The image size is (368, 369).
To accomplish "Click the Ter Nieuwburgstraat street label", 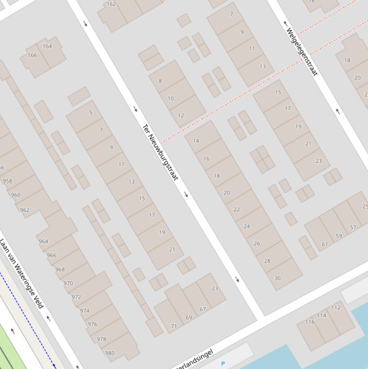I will coord(160,152).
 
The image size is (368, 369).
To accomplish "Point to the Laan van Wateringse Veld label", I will coord(22,274).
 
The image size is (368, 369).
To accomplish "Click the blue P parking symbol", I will coord(223,364).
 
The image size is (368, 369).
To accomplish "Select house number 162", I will coord(111,4).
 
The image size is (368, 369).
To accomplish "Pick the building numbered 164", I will coord(47,46).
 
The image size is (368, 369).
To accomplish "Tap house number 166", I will coord(32,55).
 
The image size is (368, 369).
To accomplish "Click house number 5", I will coord(91,113).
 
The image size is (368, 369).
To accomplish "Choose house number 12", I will coord(181,115).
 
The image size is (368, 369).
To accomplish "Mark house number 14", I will coord(196,141).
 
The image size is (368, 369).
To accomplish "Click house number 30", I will coord(277,278).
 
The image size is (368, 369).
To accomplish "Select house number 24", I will coord(246,227).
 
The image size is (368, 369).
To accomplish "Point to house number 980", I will coord(110,353).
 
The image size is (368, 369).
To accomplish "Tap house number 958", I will coord(7,181).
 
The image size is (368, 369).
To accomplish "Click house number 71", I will coord(174,326).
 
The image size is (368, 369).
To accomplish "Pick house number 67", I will coord(202,310).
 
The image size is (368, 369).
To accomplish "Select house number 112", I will coord(335,308).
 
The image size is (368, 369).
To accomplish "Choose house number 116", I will coord(310,322).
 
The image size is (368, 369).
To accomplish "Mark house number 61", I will coord(325,244).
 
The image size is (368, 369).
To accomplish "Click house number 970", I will coord(68,283).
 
